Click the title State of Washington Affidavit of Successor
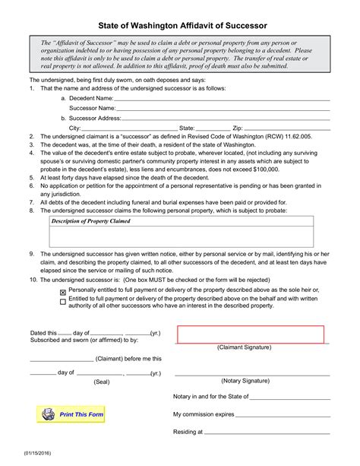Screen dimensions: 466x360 point(180,25)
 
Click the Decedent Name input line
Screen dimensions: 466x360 point(222,99)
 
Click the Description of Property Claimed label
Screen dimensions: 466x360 point(90,221)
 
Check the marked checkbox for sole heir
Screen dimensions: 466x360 point(62,291)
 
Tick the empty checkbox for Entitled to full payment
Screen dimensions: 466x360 point(62,301)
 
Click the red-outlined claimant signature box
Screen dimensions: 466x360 point(250,334)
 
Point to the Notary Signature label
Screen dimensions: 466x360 point(245,380)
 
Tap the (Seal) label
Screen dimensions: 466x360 point(101,382)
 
